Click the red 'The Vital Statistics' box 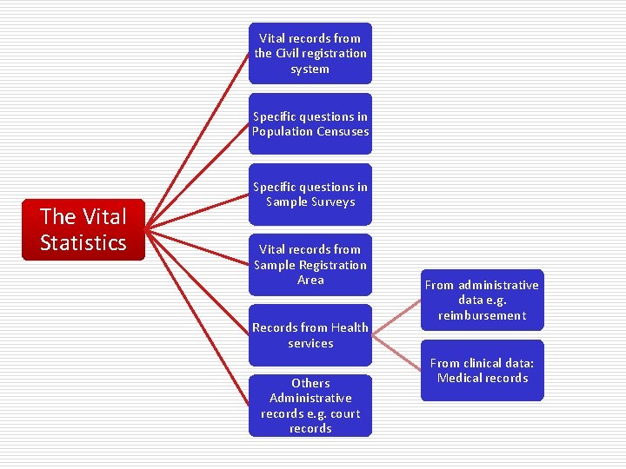point(83,229)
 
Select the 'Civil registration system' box point(310,53)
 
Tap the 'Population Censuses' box point(310,123)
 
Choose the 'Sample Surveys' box point(310,194)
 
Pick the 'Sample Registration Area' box point(310,264)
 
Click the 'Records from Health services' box point(310,334)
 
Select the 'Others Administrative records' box point(310,406)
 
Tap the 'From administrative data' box point(482,300)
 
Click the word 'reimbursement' point(482,315)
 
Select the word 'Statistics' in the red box point(83,242)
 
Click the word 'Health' point(350,327)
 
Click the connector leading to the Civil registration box point(199,139)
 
